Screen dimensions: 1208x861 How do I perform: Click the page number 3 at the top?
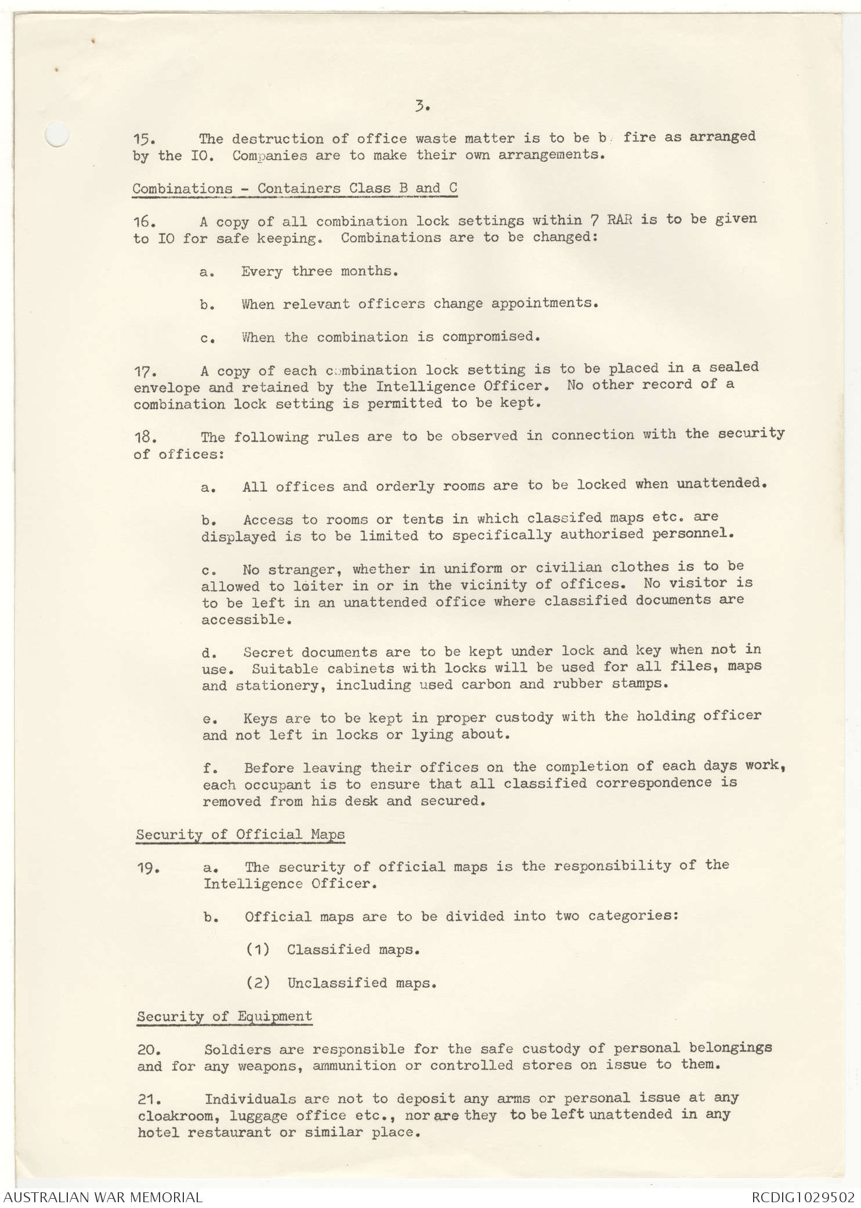421,106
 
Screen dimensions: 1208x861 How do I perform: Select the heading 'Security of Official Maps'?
240,835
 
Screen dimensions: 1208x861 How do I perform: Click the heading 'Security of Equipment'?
225,1017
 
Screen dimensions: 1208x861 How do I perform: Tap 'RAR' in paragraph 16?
620,220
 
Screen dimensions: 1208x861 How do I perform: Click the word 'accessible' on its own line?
244,620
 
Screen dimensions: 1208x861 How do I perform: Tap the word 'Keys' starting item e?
260,718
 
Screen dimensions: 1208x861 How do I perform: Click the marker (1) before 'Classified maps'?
258,950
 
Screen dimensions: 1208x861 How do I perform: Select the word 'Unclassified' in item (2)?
329,983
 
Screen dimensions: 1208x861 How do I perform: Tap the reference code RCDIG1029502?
803,1197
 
